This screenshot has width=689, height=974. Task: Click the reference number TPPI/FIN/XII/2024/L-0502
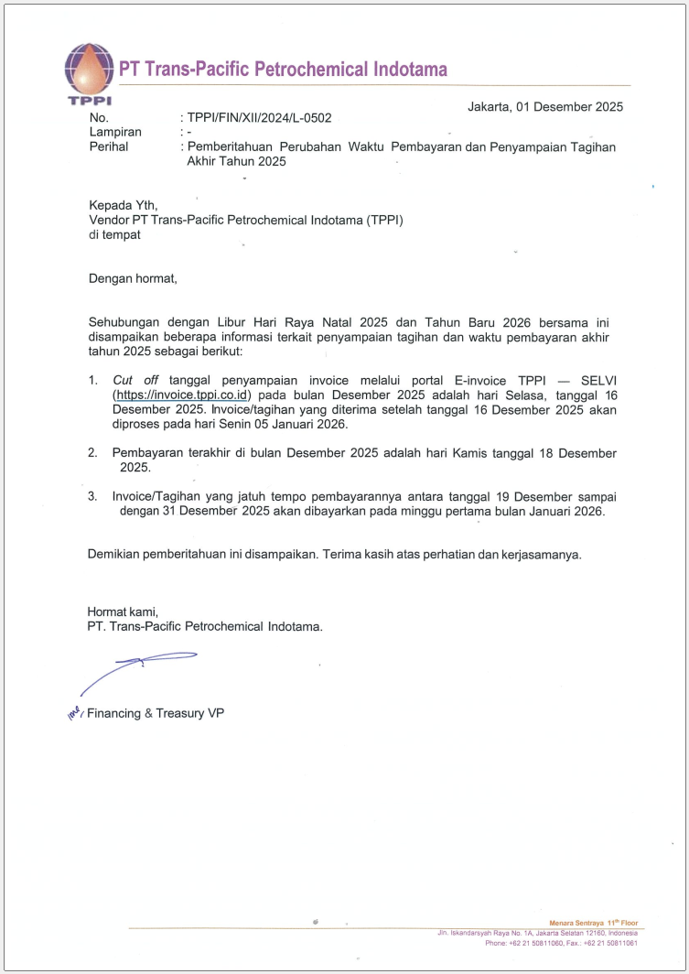click(x=259, y=118)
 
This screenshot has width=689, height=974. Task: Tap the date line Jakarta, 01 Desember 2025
click(x=545, y=106)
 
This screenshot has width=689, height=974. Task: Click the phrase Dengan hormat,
click(x=132, y=278)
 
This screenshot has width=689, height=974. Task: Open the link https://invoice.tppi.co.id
click(x=182, y=395)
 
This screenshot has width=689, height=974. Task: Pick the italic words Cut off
click(x=135, y=380)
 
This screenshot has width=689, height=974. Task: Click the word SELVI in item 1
click(x=597, y=380)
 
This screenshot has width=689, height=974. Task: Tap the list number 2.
click(x=92, y=453)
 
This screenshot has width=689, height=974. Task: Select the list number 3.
click(x=92, y=497)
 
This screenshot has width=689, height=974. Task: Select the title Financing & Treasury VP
click(x=156, y=713)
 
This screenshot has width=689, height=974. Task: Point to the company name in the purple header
click(x=284, y=70)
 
